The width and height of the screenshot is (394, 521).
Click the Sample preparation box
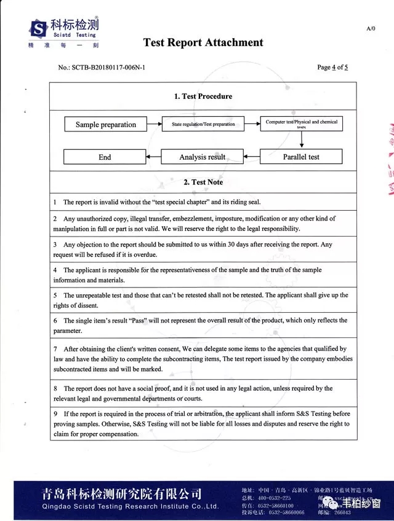point(105,125)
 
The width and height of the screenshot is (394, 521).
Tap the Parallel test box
point(301,157)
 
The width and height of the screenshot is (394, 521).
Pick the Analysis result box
point(203,157)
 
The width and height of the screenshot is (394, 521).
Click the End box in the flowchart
point(105,157)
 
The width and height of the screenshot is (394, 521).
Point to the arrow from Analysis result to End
point(154,157)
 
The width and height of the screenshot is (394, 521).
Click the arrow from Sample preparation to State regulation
point(154,124)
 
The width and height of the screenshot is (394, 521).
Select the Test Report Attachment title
point(203,42)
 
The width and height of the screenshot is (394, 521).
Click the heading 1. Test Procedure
point(203,96)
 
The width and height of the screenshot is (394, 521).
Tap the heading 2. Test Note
point(203,182)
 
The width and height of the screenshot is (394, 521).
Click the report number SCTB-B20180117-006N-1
point(109,67)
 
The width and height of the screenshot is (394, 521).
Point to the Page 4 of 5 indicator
point(332,67)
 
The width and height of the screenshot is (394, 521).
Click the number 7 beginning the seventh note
point(55,348)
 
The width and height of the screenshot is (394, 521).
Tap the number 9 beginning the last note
point(55,414)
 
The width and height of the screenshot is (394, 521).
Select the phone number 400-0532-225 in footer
point(274,497)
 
